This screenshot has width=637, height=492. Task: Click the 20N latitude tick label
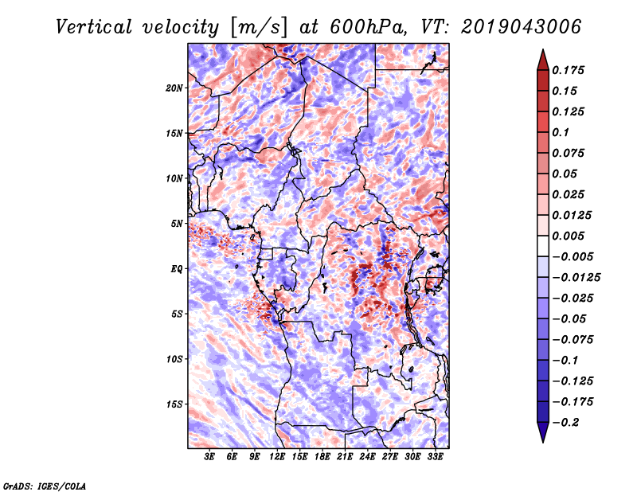174,88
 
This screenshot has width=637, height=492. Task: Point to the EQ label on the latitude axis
177,268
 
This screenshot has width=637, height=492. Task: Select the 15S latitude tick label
174,404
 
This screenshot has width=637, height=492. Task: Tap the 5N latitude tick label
177,223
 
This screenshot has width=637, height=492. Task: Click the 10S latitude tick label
174,358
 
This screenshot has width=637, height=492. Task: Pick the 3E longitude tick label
210,457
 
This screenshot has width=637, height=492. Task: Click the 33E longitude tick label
436,457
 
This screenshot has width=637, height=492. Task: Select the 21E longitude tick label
345,457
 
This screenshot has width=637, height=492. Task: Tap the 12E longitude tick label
277,457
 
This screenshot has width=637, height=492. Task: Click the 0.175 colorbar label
570,70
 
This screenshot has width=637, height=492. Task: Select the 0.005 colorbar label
570,236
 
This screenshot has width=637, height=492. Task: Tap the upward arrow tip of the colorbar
542,52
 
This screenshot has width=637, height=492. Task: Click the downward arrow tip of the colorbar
542,439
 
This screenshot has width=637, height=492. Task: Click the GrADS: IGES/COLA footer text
44,484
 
